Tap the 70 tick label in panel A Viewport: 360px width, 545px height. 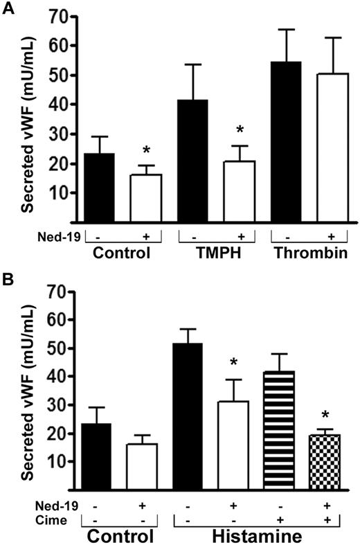[66, 17]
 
